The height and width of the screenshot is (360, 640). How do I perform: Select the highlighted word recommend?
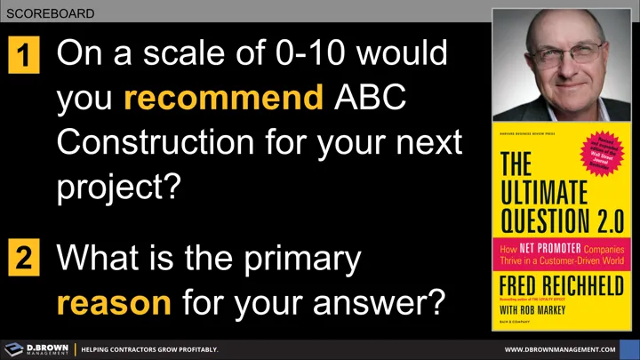click(223, 99)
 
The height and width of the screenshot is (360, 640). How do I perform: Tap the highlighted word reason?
click(114, 302)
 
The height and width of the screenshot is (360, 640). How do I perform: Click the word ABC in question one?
click(370, 99)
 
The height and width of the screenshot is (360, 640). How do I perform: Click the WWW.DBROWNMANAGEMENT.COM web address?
click(559, 349)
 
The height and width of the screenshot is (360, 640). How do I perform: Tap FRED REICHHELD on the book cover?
click(561, 289)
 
